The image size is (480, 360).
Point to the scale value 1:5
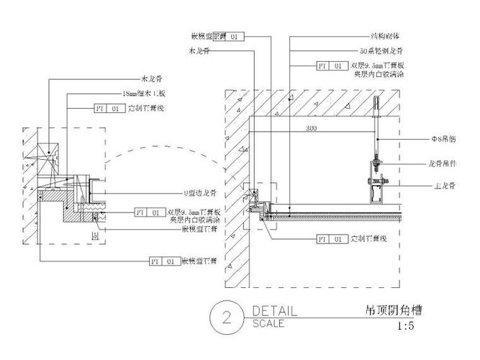pyautogui.click(x=406, y=325)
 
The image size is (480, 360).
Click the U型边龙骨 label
pyautogui.click(x=198, y=193)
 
